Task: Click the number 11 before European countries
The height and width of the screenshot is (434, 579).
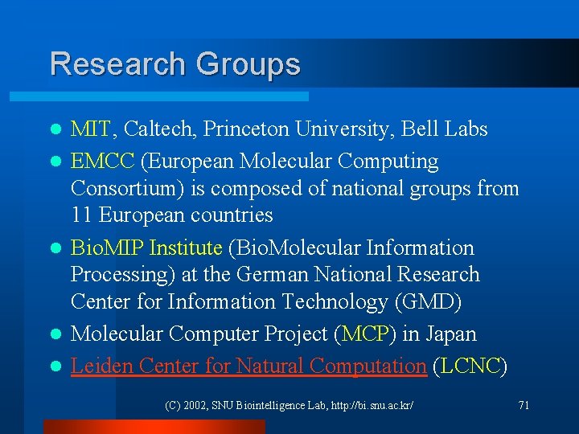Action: click(x=80, y=215)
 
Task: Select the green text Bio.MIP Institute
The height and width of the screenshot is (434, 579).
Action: click(x=146, y=248)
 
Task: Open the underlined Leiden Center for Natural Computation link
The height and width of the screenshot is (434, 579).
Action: click(x=248, y=366)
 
